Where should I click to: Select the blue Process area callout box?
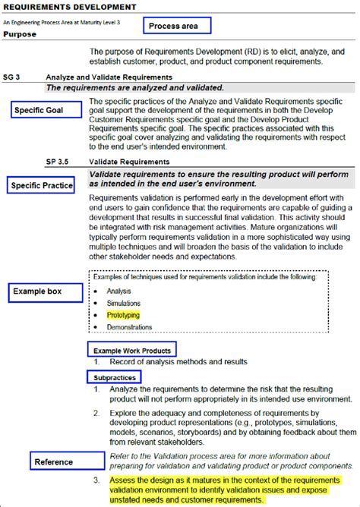click(x=173, y=26)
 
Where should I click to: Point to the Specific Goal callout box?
click(x=48, y=111)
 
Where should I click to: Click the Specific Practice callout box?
click(x=43, y=185)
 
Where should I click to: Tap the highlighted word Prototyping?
click(x=123, y=314)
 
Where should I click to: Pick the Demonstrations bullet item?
click(x=129, y=327)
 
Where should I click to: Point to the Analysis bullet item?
click(x=118, y=291)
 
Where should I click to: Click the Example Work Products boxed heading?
click(x=131, y=350)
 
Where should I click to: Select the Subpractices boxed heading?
click(x=115, y=377)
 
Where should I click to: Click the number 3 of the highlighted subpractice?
click(x=96, y=480)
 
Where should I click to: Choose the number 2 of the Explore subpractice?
click(x=96, y=414)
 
